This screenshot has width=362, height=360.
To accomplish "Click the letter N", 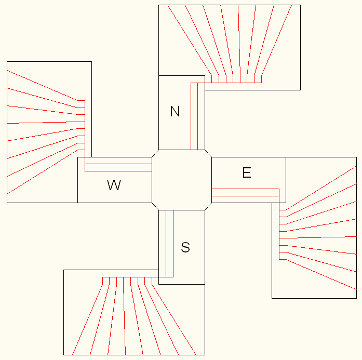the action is [175, 111].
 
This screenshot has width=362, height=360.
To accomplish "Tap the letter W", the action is [114, 185].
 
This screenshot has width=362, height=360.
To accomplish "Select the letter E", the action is [247, 172].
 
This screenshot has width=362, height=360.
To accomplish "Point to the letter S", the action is [185, 247].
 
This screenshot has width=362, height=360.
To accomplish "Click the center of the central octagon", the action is [182, 180].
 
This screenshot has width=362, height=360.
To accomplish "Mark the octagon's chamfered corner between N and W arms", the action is [155, 153].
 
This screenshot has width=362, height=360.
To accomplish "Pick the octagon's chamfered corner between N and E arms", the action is [208, 153].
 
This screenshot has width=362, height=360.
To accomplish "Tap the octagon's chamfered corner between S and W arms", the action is [155, 206].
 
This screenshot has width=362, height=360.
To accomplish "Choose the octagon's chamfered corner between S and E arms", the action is [208, 206].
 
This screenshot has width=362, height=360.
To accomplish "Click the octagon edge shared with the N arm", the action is [182, 150].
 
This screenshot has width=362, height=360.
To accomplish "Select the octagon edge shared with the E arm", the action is [211, 180].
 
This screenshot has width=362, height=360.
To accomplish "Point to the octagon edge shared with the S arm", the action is [182, 210].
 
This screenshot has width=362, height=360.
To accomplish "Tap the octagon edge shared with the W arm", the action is [152, 180].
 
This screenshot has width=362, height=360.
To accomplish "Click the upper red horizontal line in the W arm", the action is [118, 164].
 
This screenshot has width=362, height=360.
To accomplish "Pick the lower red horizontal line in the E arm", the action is [245, 196].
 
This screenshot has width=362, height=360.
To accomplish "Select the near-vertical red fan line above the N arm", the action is [239, 44].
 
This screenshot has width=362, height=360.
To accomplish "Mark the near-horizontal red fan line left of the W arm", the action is [46, 123].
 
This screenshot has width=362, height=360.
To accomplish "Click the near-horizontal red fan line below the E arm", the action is [318, 237].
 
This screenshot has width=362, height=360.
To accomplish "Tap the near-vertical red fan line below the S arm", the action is [124, 316].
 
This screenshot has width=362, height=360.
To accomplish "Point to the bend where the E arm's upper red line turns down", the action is [279, 189].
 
